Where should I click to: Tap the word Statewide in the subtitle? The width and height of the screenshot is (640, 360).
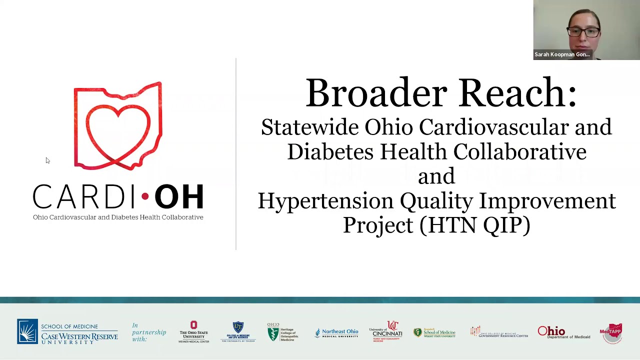point(309,127)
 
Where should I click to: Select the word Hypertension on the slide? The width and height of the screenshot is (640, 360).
point(325,201)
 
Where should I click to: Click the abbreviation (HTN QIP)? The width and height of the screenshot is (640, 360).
point(474,225)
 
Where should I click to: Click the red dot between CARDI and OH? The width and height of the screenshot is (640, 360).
point(145,196)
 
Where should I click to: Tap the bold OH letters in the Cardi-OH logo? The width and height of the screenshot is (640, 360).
point(179,196)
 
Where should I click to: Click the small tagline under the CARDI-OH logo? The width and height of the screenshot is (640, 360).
point(118,217)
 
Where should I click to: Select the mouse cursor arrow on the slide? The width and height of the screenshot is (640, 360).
point(47,160)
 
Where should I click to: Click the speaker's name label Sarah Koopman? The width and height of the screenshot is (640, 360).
point(561,54)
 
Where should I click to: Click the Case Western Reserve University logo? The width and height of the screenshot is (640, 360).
point(67,332)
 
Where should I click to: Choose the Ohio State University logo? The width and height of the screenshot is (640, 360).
point(193,332)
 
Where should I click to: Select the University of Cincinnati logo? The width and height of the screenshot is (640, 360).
point(385,332)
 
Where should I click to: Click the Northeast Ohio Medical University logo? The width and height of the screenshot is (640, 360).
point(336,333)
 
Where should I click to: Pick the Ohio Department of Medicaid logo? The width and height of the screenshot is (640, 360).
point(563,332)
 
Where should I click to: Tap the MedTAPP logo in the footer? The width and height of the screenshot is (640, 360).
point(611,332)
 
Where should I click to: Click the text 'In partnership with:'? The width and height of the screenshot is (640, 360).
point(148,332)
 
